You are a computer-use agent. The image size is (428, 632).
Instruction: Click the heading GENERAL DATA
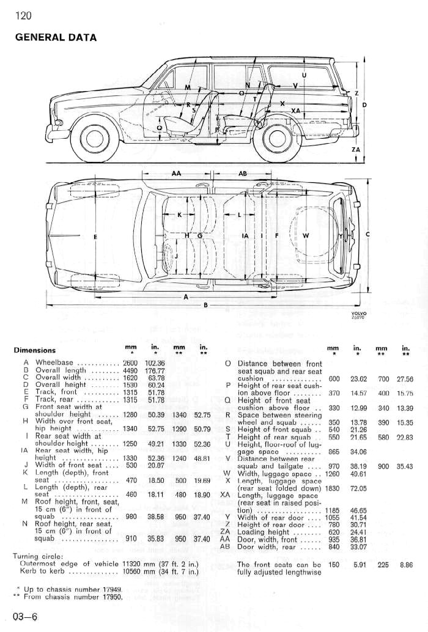coord(56,37)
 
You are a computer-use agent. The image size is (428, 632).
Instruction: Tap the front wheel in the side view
coord(95,139)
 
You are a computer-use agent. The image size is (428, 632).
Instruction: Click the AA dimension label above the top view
coord(176,174)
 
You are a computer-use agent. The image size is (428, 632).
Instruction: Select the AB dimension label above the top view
coord(242,174)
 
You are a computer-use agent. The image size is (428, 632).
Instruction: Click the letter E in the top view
coord(95,236)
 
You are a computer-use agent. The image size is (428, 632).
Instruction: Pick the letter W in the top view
coord(306,235)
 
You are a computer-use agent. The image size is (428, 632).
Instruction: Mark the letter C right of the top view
coord(367,235)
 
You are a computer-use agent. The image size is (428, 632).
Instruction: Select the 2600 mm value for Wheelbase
coord(129,363)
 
